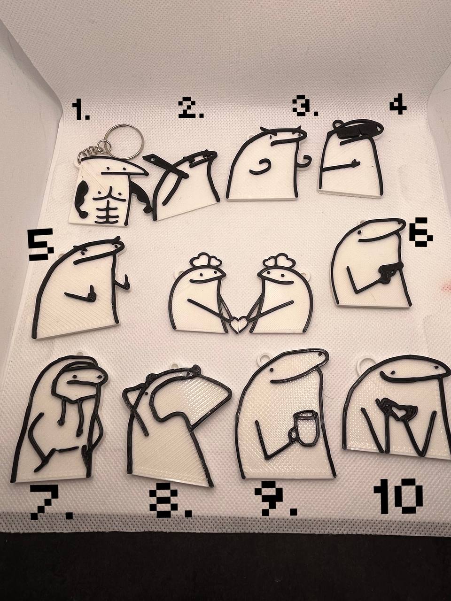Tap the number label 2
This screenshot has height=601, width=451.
click(191, 109)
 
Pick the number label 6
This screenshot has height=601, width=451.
click(421, 233)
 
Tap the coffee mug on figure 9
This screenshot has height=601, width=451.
click(303, 432)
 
